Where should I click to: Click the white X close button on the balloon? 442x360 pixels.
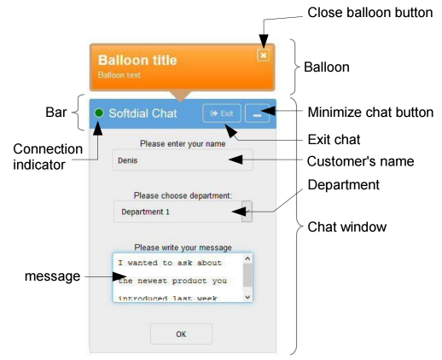263,55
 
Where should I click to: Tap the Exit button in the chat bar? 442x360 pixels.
222,113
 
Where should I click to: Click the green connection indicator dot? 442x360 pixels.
99,113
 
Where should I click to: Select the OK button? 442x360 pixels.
181,334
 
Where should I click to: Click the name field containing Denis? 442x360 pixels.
183,160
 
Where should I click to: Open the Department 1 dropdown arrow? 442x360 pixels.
247,212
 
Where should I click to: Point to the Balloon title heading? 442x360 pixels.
137,60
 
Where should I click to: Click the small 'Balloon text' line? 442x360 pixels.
119,75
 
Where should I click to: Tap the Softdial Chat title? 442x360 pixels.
142,113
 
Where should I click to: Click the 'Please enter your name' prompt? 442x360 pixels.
183,143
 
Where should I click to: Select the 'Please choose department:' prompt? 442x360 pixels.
183,195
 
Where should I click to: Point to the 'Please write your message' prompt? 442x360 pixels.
183,247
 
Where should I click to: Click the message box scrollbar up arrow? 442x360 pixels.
247,258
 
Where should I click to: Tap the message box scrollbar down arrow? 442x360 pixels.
247,297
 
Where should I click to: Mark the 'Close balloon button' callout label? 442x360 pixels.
370,13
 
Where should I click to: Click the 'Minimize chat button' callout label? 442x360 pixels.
370,112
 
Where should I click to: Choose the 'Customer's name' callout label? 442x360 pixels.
360,161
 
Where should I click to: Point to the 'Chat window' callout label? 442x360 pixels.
347,227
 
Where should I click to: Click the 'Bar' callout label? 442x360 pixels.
56,112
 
